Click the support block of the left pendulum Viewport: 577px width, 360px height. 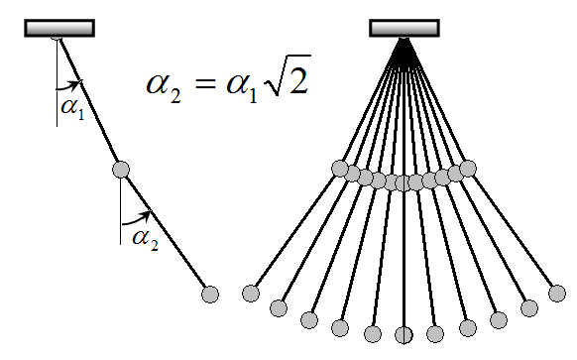(59, 28)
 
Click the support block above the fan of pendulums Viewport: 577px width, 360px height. (404, 28)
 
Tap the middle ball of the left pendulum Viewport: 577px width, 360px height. (121, 170)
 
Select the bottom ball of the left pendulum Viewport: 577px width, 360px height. (210, 295)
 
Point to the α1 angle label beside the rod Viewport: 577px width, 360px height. (72, 108)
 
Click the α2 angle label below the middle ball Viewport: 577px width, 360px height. (146, 239)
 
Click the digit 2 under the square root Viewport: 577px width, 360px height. (297, 80)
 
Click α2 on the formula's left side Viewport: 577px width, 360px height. (164, 86)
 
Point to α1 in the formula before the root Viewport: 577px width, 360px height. (241, 86)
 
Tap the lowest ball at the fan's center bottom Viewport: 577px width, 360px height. (404, 335)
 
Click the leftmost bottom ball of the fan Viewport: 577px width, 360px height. (251, 294)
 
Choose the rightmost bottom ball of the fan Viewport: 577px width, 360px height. (557, 294)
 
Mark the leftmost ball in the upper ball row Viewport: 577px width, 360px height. (340, 169)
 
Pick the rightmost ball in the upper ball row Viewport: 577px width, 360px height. (468, 169)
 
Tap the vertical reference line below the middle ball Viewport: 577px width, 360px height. (120, 211)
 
